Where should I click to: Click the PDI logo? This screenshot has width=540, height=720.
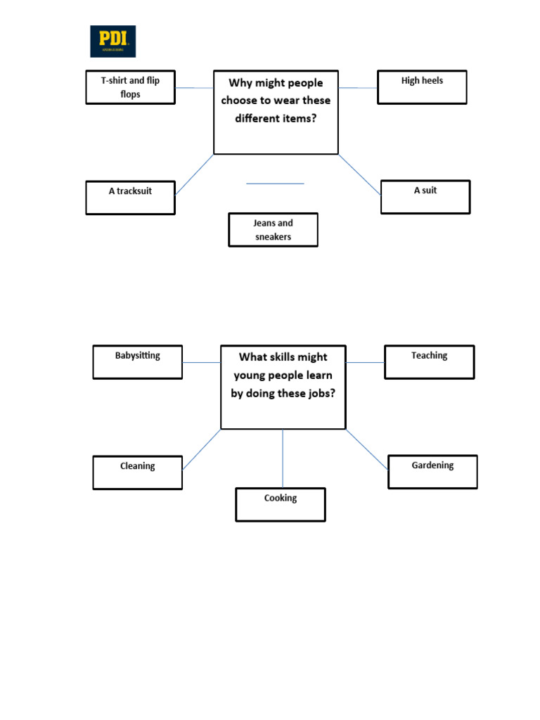(112, 41)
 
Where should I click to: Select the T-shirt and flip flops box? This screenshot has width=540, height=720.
(130, 87)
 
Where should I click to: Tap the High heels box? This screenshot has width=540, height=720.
(422, 87)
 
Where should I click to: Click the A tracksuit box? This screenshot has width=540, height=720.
(130, 198)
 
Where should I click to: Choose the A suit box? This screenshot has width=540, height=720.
(425, 197)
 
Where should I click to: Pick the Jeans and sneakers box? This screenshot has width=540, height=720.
(273, 230)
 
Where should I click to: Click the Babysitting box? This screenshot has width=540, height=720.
(137, 362)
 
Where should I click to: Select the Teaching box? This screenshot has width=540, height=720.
(429, 362)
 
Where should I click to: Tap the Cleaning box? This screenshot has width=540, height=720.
(137, 472)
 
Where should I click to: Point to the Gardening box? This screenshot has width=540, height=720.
(432, 472)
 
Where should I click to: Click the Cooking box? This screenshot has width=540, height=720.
(281, 505)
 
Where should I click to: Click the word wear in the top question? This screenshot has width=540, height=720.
(285, 100)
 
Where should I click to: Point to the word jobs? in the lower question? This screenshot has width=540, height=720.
(321, 394)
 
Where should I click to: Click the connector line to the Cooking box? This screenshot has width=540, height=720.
(283, 458)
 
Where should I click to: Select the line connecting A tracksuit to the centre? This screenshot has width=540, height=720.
(194, 174)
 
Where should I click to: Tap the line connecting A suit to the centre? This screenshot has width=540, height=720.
(359, 174)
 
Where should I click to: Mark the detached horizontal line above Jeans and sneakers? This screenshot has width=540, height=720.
(275, 184)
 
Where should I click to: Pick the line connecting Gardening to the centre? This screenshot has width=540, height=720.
(366, 449)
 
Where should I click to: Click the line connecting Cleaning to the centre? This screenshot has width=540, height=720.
(201, 449)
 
